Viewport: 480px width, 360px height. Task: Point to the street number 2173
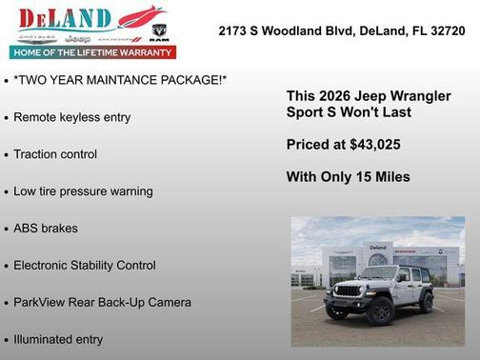[x=234, y=30]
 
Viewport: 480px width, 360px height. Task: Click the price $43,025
[x=372, y=145]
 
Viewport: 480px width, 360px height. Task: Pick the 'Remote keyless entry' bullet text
[x=72, y=117]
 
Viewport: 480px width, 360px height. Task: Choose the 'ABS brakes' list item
[x=46, y=229]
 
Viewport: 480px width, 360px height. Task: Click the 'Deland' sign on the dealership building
[x=378, y=248]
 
